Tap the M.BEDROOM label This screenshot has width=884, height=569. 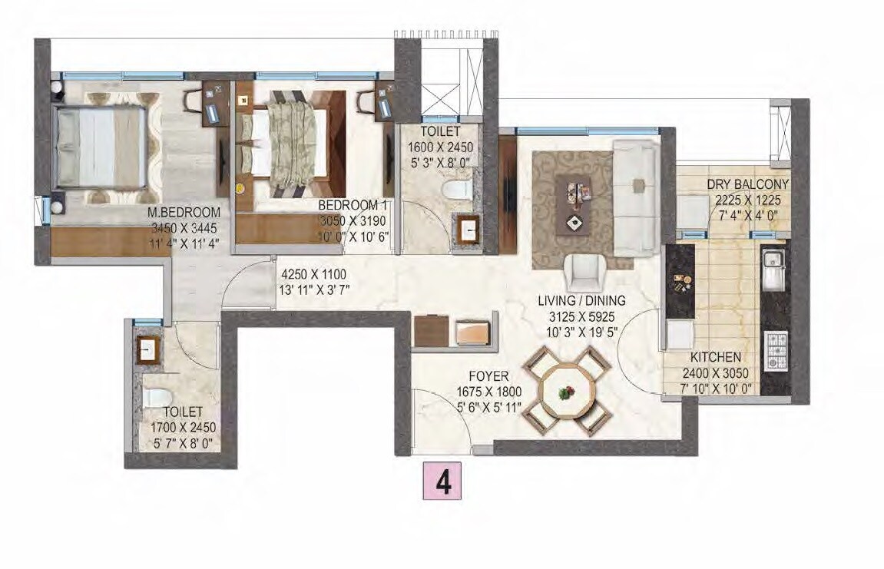tap(184, 213)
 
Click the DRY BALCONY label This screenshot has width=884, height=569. tap(747, 184)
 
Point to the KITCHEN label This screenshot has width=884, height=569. tap(715, 357)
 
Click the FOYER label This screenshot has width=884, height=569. tap(489, 376)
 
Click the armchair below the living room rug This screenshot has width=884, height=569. tap(586, 273)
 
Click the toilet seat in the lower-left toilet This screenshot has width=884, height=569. tap(157, 397)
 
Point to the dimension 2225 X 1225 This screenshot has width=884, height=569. tap(747, 198)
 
